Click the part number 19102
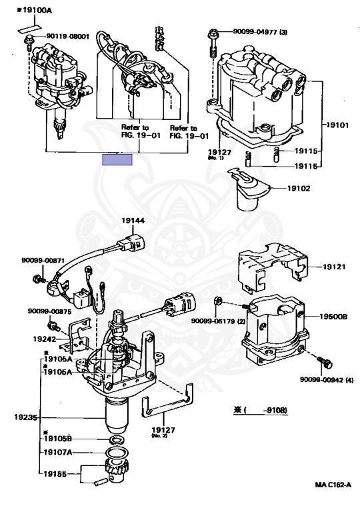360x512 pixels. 299,189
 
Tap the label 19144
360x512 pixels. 133,221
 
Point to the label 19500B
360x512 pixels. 333,317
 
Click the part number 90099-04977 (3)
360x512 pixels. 260,32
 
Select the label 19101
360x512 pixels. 337,125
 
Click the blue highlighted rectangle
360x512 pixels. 117,160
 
